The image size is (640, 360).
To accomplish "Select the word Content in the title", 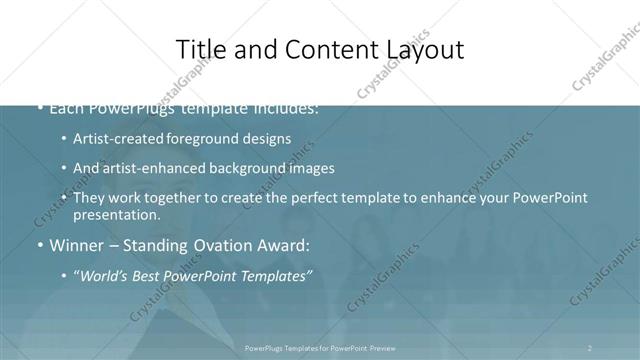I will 322,50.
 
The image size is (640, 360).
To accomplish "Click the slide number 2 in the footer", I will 590,347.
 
